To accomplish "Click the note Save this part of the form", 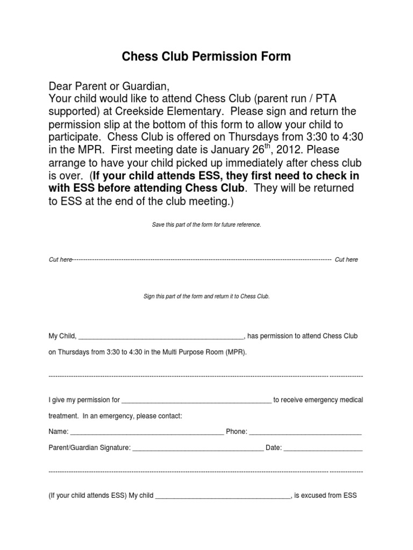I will click(206, 225).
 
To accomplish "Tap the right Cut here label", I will click(346, 259).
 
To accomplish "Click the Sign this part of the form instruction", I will click(206, 296).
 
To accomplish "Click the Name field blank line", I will click(147, 432).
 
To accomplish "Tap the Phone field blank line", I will click(305, 432).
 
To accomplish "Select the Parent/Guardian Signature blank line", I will click(198, 448).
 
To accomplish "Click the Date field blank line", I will click(323, 448).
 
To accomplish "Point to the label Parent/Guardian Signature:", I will click(89, 447).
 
